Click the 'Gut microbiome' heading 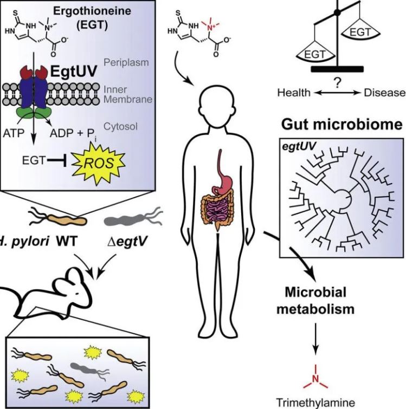point(341,125)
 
